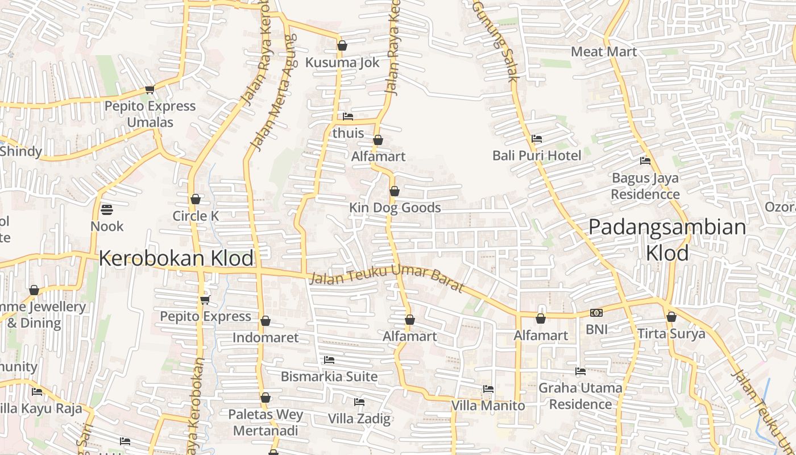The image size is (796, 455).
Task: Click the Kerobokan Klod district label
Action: pos(176,258)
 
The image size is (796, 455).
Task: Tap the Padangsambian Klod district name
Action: pos(667,239)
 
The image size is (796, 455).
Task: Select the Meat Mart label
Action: pos(604,52)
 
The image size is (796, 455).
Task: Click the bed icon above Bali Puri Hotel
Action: pos(536,139)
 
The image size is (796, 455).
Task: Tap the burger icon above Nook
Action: pos(106,210)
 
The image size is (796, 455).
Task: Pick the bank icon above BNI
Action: pos(596,313)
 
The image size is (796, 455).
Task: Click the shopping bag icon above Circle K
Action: pos(196,200)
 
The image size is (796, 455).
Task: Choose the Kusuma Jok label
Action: pos(342,63)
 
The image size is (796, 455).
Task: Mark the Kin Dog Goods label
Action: pos(395,208)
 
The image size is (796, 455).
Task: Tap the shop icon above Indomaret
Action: pos(265,321)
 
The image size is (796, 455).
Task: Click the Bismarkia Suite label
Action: pos(329,377)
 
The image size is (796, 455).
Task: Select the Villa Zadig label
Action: pos(359,419)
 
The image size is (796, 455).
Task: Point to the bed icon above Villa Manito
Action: pos(488,389)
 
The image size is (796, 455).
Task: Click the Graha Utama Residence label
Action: pos(580,396)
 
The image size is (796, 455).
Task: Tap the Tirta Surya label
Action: pos(671,334)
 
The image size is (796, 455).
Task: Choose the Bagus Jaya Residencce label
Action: pos(645,186)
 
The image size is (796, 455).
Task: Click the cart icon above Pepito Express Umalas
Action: pos(150,89)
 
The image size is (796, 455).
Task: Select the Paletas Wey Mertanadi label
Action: pos(266,423)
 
